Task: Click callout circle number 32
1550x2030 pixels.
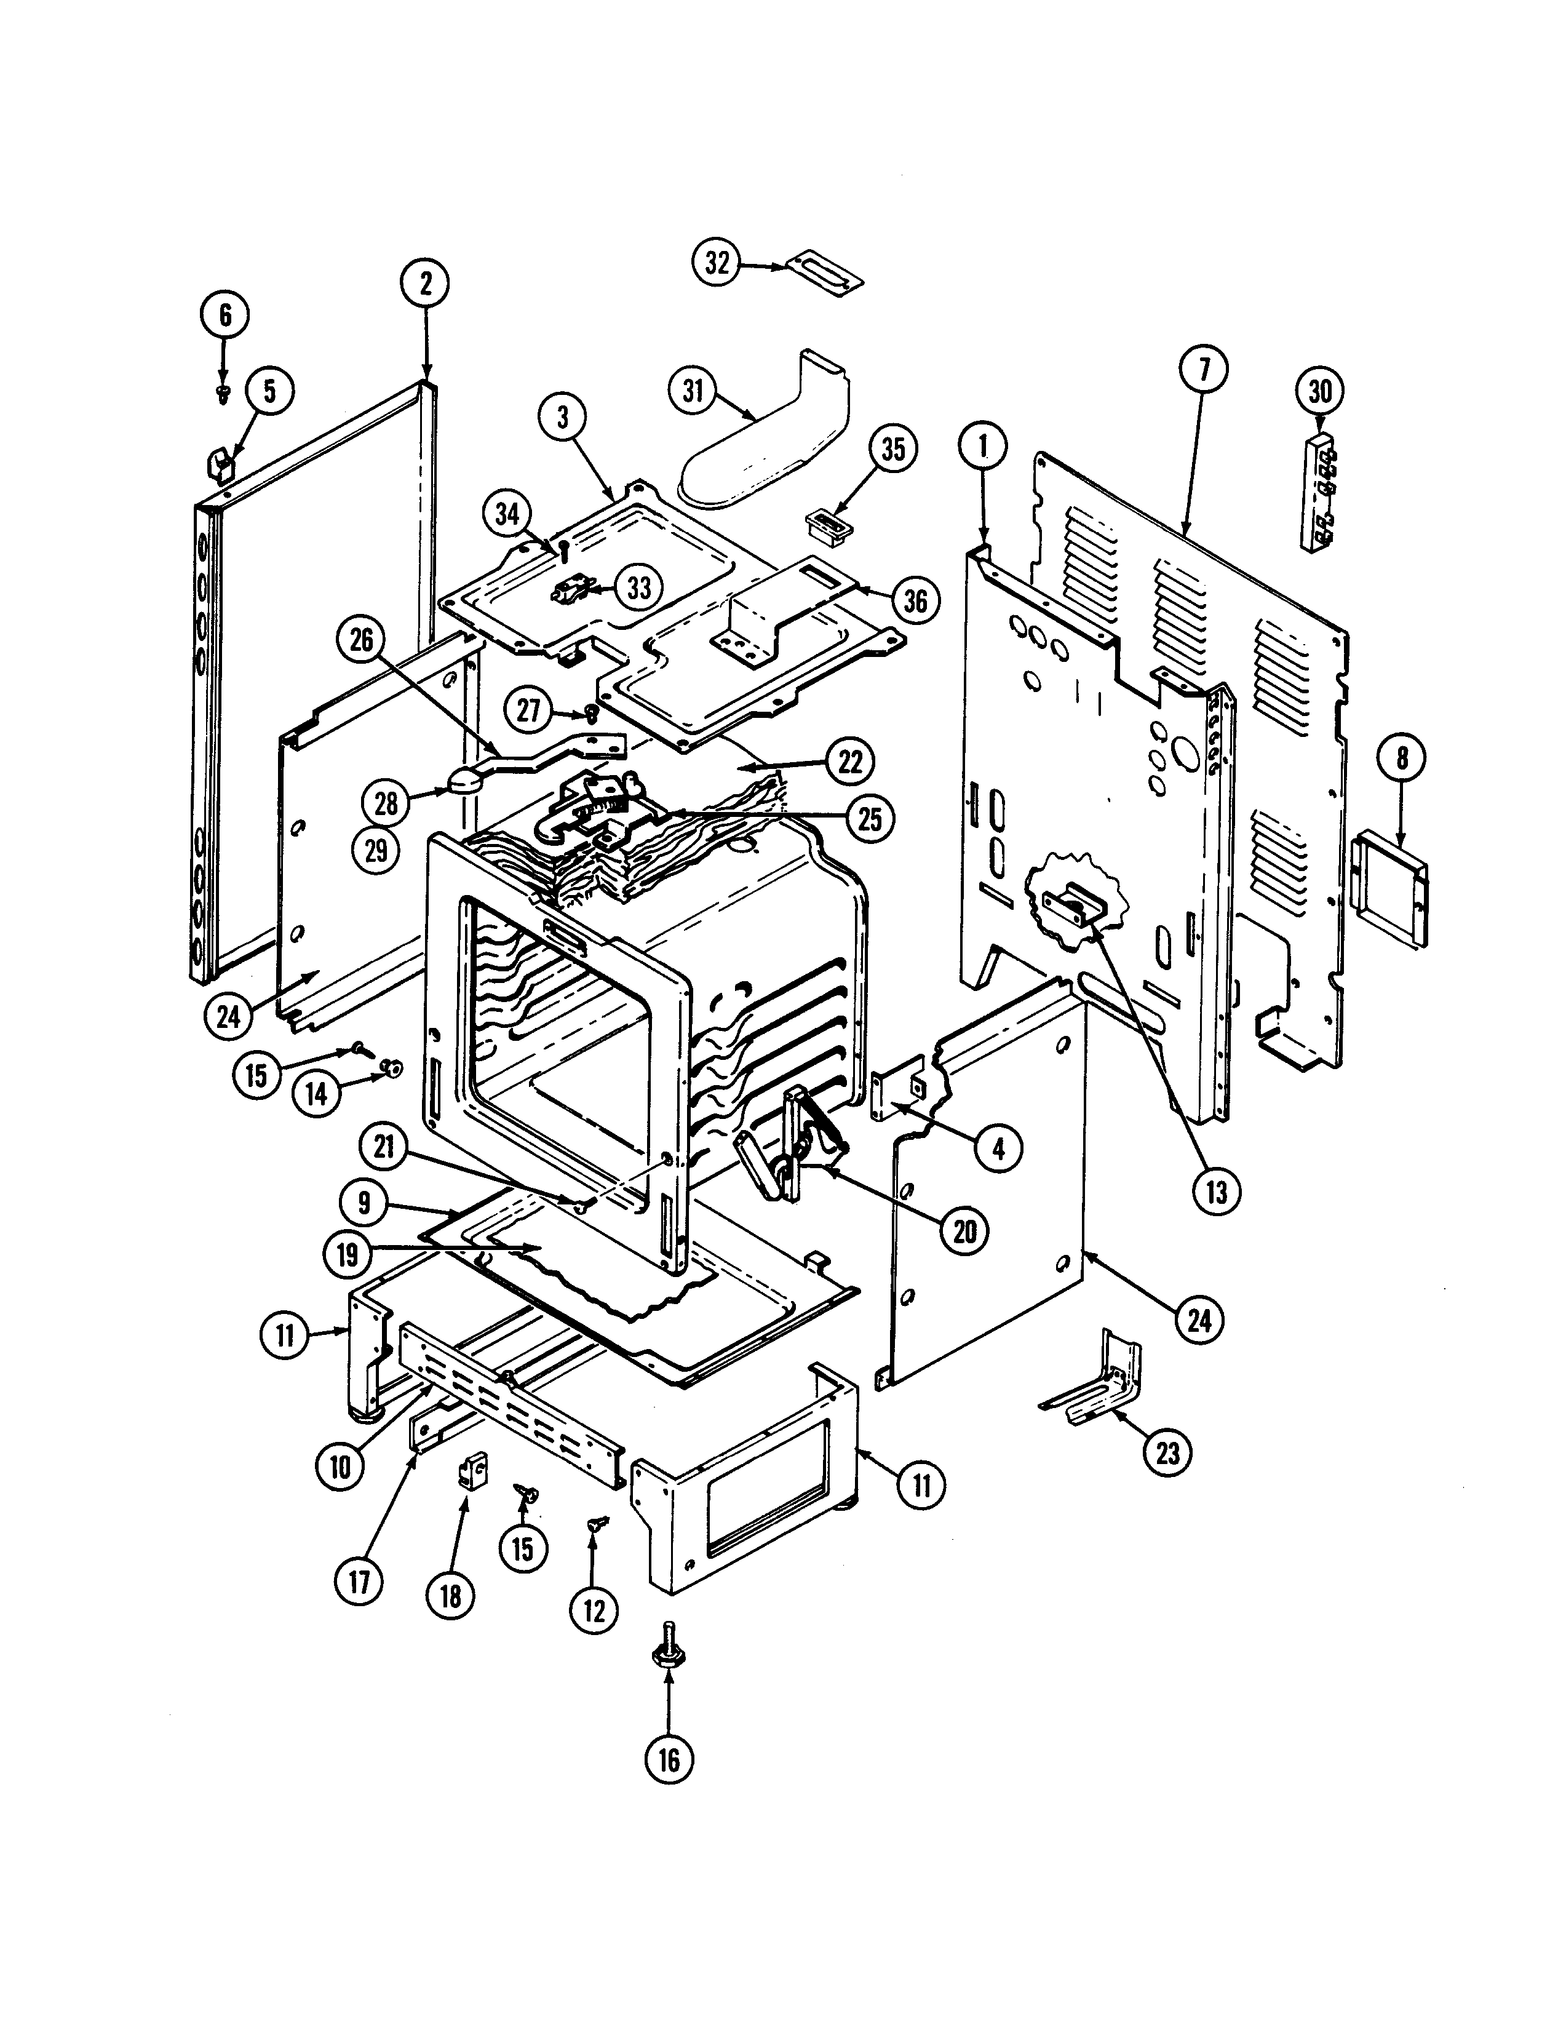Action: pyautogui.click(x=717, y=263)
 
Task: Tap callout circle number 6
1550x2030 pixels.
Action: pyautogui.click(x=225, y=316)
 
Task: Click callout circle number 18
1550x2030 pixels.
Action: pyautogui.click(x=450, y=1596)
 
